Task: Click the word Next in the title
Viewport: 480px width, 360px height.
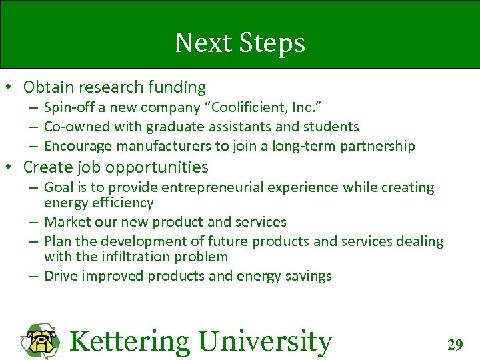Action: (199, 43)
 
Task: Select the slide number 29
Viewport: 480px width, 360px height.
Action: (455, 345)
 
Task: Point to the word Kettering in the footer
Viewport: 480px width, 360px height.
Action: (129, 341)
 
